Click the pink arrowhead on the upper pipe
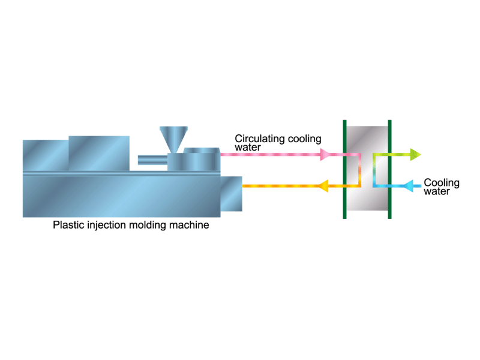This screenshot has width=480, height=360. click(325, 155)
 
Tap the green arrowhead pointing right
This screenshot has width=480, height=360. click(416, 155)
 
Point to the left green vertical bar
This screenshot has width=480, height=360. click(344, 169)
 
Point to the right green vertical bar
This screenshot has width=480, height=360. click(389, 169)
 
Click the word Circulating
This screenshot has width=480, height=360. click(260, 139)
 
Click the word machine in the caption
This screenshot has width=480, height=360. click(189, 225)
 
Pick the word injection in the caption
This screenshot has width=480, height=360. click(107, 226)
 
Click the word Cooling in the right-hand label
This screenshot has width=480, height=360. click(442, 183)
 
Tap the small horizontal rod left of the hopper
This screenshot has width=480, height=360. click(152, 160)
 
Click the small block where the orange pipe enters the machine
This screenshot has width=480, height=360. click(231, 194)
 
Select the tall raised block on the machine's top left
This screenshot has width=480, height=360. click(99, 154)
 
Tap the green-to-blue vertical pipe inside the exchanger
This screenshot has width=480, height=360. click(374, 170)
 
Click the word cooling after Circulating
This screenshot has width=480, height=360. click(305, 139)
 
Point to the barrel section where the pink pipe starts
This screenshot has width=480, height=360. click(202, 159)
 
